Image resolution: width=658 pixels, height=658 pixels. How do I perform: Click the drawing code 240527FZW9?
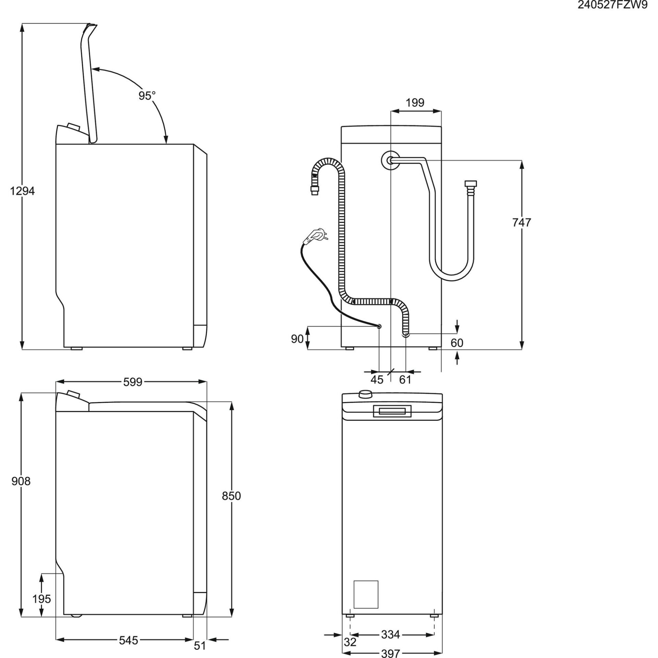point(612,6)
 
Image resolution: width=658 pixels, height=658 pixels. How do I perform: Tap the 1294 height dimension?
point(22,191)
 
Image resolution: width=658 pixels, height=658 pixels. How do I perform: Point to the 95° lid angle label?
point(147,96)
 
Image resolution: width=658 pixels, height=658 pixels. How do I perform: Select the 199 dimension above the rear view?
point(415,102)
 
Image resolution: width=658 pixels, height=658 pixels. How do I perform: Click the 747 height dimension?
point(522,222)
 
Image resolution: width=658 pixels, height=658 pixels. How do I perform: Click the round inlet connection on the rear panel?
point(390,160)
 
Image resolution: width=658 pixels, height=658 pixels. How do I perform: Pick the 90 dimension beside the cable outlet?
point(297,339)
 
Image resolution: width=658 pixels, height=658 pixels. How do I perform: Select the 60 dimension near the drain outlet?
point(457,343)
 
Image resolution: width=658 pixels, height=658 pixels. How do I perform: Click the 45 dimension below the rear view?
point(377,380)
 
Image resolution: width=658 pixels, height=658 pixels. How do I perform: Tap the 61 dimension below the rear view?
point(405,380)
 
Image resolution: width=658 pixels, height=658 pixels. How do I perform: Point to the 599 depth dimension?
point(133,382)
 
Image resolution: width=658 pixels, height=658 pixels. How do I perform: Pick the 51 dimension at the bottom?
point(199,646)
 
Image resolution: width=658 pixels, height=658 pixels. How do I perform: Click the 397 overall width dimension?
point(390,653)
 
